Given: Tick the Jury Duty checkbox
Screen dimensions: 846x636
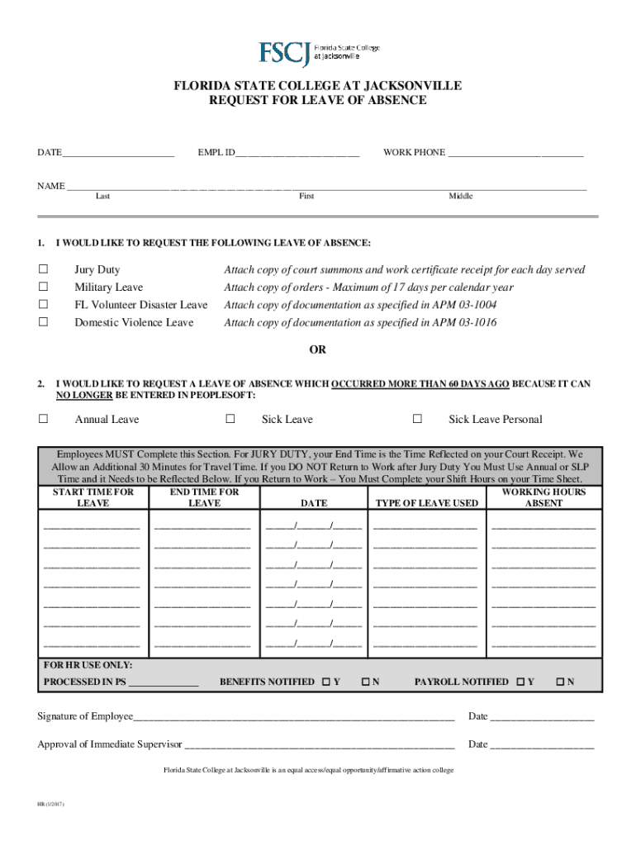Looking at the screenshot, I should [x=43, y=269].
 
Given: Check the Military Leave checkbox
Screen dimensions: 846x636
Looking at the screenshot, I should [x=43, y=287].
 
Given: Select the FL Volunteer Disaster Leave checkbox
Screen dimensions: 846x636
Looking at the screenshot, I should [x=43, y=305].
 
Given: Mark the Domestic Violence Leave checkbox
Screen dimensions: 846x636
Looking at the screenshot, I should [x=43, y=322].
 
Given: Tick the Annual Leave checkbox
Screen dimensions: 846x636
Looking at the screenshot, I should [x=43, y=419].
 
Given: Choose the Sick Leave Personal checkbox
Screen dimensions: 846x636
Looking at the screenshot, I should [x=417, y=419].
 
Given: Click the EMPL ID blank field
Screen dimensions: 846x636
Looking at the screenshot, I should [x=297, y=153].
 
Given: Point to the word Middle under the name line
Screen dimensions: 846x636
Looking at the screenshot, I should [x=461, y=197].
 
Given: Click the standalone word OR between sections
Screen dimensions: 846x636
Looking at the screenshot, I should [x=318, y=349].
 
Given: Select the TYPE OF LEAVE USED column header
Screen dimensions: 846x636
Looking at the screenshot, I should [x=426, y=503].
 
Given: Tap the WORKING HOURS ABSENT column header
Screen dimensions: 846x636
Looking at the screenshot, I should [x=543, y=497].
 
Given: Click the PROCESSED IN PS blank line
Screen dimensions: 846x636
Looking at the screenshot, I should [x=164, y=682].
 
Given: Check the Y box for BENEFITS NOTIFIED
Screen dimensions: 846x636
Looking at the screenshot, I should [x=326, y=682].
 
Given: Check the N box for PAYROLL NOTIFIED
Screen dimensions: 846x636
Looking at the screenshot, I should [x=561, y=682].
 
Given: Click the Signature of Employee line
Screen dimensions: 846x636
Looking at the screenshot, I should [x=293, y=716].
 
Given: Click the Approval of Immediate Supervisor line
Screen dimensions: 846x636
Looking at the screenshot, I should [x=320, y=744].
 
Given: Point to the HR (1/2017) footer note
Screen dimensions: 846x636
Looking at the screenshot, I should [x=51, y=805].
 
